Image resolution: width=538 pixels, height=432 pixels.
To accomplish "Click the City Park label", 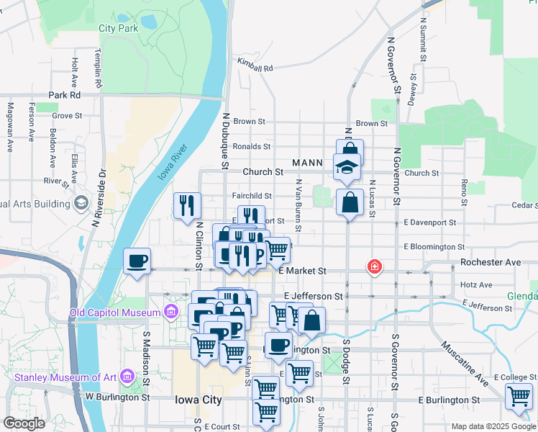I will [x=118, y=29].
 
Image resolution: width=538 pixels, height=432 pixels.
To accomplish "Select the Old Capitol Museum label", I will [x=115, y=312].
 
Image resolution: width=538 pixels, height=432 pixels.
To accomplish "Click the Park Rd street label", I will [x=64, y=95].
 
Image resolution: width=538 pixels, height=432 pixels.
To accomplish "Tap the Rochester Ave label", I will [x=491, y=263].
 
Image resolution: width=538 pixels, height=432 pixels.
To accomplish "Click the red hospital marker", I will [x=374, y=267].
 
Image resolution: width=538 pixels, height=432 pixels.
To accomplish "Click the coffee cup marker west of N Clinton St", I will [x=137, y=261].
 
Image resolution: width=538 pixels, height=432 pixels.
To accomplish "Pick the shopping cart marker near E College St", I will [x=519, y=396].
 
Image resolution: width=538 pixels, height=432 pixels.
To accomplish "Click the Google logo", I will [x=23, y=423].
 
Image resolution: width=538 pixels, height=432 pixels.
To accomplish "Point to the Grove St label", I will [x=67, y=115].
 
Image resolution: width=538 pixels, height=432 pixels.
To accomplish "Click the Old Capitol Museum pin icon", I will [x=170, y=312].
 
